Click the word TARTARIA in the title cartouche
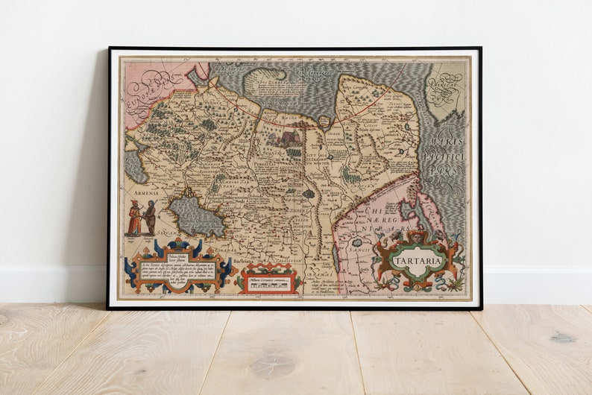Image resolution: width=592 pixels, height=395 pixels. (x=418, y=261)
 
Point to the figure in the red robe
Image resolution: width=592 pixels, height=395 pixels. (x=134, y=218)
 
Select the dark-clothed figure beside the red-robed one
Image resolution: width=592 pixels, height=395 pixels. (x=150, y=218)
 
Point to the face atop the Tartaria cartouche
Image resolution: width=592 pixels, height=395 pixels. (x=418, y=236)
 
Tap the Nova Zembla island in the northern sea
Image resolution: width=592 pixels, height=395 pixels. (x=265, y=77)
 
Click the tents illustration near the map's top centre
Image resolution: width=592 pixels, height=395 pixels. (x=288, y=138)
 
